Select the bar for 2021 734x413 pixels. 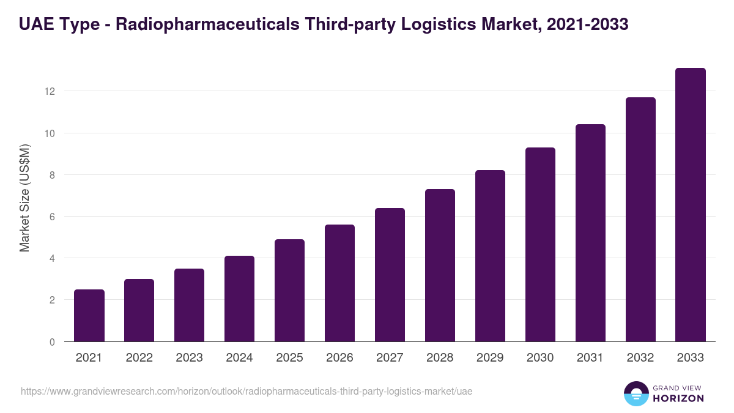pos(89,316)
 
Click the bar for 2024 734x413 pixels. pos(239,299)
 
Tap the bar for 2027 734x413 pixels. pos(390,275)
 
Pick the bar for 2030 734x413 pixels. pos(540,245)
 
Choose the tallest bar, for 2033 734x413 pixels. pos(691,205)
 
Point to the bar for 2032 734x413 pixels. pos(640,220)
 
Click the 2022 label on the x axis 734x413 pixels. pos(139,358)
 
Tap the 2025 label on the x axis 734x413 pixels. pos(289,358)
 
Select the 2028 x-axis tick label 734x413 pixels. pos(440,358)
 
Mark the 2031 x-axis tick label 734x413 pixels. pos(590,358)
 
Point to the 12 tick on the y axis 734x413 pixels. pos(49,91)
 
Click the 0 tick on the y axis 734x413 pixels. pos(52,342)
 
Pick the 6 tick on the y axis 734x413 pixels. pos(52,217)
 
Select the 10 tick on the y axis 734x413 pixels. pos(49,133)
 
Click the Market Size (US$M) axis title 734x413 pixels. pos(24,197)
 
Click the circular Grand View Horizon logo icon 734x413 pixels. pos(636,393)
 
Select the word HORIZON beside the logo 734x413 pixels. pos(678,398)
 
